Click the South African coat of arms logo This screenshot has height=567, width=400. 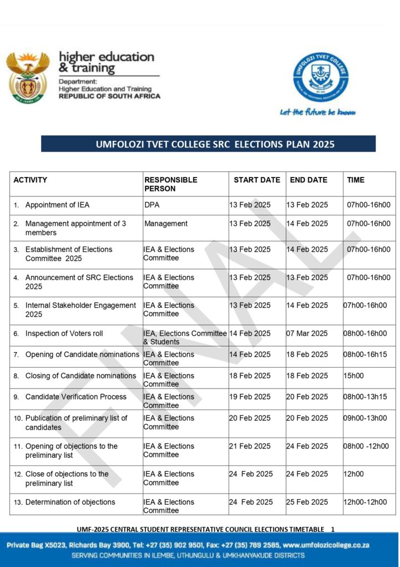pyautogui.click(x=28, y=77)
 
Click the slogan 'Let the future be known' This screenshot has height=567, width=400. pyautogui.click(x=317, y=112)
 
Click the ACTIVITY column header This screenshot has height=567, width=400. pyautogui.click(x=31, y=180)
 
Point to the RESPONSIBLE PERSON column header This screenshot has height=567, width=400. pyautogui.click(x=171, y=184)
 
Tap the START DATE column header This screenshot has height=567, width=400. pyautogui.click(x=257, y=180)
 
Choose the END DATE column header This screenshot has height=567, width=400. pyautogui.click(x=308, y=180)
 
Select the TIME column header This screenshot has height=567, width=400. pyautogui.click(x=356, y=180)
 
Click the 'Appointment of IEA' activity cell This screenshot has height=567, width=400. pyautogui.click(x=57, y=205)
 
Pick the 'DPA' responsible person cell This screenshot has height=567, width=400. pyautogui.click(x=152, y=205)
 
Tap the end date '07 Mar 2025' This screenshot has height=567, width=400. pyautogui.click(x=307, y=333)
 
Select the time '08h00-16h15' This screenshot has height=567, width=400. pyautogui.click(x=365, y=354)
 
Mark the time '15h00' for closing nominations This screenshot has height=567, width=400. pyautogui.click(x=353, y=376)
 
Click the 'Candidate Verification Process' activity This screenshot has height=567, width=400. pyautogui.click(x=76, y=397)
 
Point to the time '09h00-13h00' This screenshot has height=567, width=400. pyautogui.click(x=365, y=418)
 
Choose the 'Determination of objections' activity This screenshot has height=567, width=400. pyautogui.click(x=70, y=502)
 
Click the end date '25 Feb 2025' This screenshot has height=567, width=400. pyautogui.click(x=307, y=502)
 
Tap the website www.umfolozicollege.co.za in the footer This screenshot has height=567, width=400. pyautogui.click(x=328, y=545)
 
